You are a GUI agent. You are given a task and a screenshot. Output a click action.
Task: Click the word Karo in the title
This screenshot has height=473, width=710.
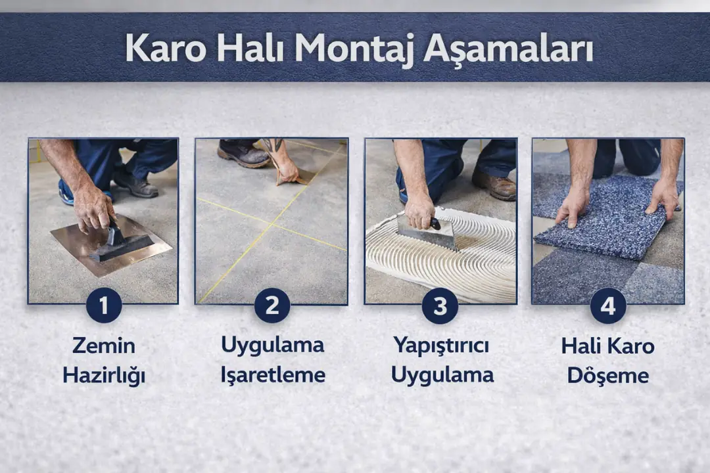166,47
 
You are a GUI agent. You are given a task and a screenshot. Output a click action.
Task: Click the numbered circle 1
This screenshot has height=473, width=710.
103,305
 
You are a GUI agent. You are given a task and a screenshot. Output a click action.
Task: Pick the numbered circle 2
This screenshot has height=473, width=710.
272,305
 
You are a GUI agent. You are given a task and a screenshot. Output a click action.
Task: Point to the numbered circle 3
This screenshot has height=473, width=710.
440,305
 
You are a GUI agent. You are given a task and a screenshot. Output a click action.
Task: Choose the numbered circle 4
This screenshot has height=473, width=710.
608,305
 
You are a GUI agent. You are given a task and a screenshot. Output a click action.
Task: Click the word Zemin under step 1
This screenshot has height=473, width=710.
103,345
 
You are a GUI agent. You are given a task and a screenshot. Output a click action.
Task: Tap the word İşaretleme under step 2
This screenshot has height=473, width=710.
272,375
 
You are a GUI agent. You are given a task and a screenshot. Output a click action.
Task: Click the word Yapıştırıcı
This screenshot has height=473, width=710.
441,345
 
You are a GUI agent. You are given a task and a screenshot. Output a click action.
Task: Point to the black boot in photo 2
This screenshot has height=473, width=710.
243,154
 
